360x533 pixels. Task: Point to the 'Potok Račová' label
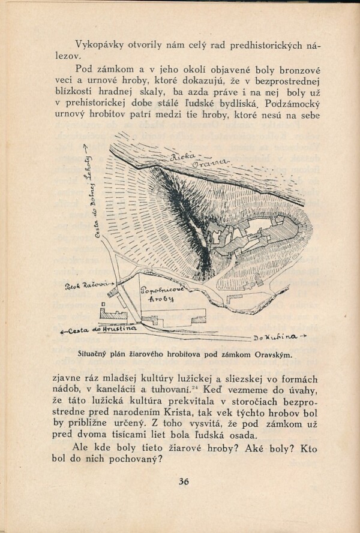click(x=86, y=285)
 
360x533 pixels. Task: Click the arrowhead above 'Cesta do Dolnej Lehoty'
click(x=89, y=147)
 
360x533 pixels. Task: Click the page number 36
click(x=184, y=481)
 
